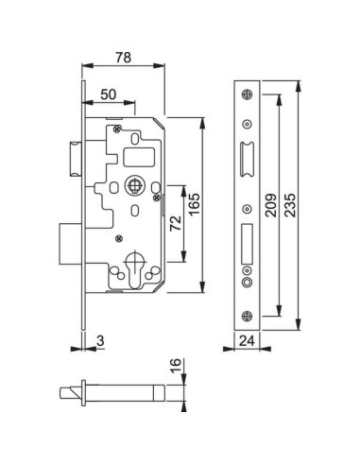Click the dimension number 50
[110, 93]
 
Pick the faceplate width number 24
[248, 342]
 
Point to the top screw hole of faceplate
[248, 93]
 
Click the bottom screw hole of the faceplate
[248, 317]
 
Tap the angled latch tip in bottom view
[80, 390]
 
